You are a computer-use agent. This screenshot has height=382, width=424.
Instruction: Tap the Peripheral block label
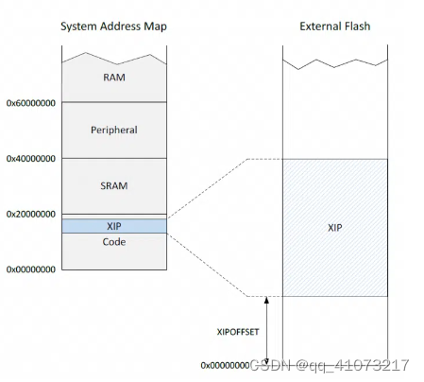113,130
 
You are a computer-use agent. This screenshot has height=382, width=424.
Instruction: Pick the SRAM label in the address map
113,185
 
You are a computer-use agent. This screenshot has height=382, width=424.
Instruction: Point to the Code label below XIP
113,242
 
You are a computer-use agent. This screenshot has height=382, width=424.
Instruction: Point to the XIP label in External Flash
334,228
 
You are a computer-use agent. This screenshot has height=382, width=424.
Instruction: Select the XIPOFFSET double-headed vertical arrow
267,331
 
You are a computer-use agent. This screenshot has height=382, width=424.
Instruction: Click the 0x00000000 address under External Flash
225,365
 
